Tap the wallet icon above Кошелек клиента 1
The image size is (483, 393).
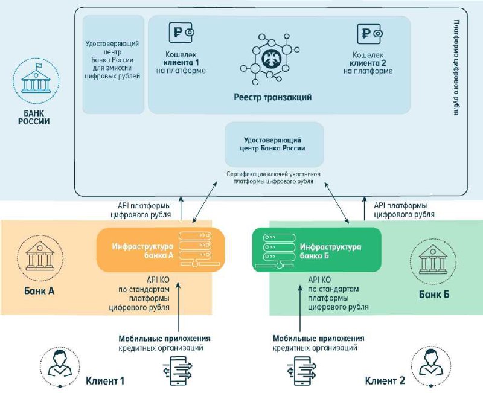pyautogui.click(x=182, y=33)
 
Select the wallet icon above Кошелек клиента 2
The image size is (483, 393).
pyautogui.click(x=369, y=34)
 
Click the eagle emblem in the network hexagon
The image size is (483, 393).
pyautogui.click(x=270, y=59)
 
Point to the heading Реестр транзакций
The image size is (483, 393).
pyautogui.click(x=273, y=97)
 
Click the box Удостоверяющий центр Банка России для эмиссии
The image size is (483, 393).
pyautogui.click(x=113, y=65)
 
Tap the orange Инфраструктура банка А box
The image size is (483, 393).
pyautogui.click(x=161, y=250)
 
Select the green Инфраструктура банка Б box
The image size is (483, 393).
pyautogui.click(x=316, y=250)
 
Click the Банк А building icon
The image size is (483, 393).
pyautogui.click(x=40, y=258)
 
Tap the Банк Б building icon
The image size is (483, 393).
pyautogui.click(x=433, y=260)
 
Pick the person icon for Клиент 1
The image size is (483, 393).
pyautogui.click(x=60, y=366)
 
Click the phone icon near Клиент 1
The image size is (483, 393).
pyautogui.click(x=178, y=371)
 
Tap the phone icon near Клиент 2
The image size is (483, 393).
pyautogui.click(x=302, y=371)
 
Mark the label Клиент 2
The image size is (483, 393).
pyautogui.click(x=385, y=381)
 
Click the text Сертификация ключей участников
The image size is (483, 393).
pyautogui.click(x=273, y=174)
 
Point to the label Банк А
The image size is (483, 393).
pyautogui.click(x=39, y=291)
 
